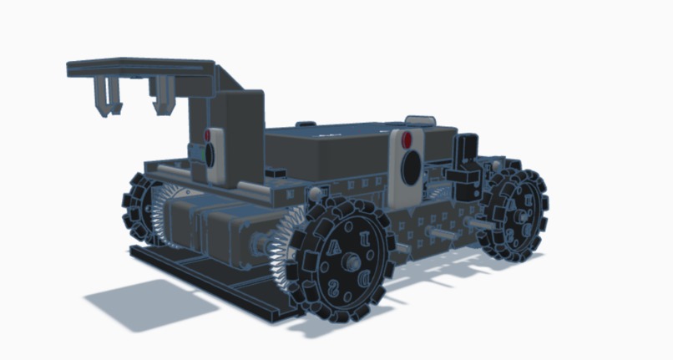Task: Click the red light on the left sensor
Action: pyautogui.click(x=208, y=134)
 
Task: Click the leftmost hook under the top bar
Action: pyautogui.click(x=107, y=95)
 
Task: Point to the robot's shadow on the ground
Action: pyautogui.click(x=134, y=301)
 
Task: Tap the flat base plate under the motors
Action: pyautogui.click(x=209, y=276)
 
